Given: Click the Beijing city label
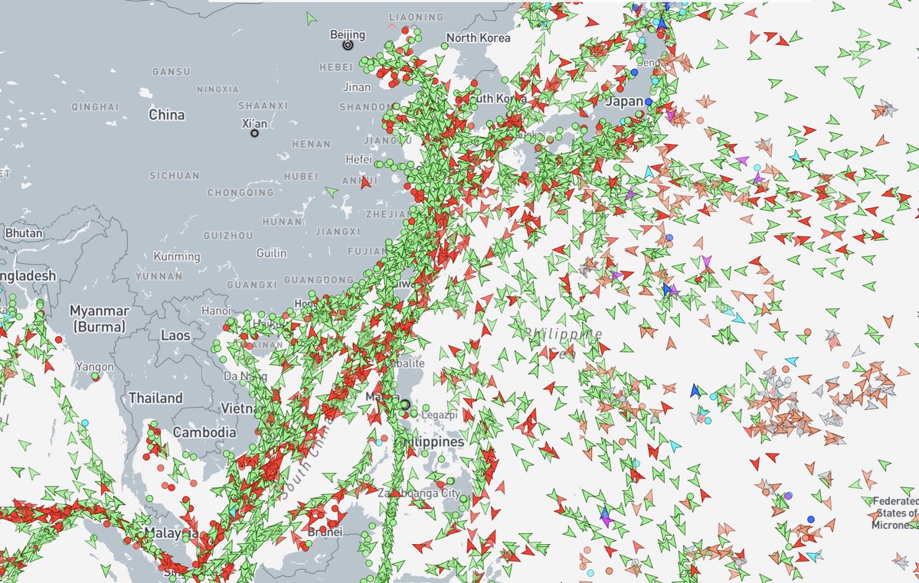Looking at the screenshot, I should click(x=347, y=34).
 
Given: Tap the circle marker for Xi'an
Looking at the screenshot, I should click(x=254, y=134).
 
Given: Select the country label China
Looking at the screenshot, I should click(x=166, y=115).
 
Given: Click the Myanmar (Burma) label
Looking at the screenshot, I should click(x=100, y=318).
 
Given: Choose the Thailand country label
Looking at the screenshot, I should click(x=155, y=398).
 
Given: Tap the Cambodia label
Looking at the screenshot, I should click(x=204, y=432).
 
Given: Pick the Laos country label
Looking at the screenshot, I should click(x=175, y=335).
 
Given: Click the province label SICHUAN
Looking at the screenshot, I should click(x=174, y=176).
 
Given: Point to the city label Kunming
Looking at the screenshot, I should click(x=177, y=257).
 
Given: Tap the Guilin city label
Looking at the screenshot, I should click(x=271, y=253).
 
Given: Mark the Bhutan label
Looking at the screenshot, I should click(x=19, y=233).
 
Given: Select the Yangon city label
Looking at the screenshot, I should click(x=96, y=367).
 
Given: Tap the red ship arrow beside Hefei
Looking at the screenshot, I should click(x=365, y=182).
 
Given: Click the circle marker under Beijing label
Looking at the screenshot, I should click(x=348, y=46).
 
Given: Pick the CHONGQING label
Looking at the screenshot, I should click(x=240, y=192).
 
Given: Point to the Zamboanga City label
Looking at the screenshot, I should click(x=419, y=493).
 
